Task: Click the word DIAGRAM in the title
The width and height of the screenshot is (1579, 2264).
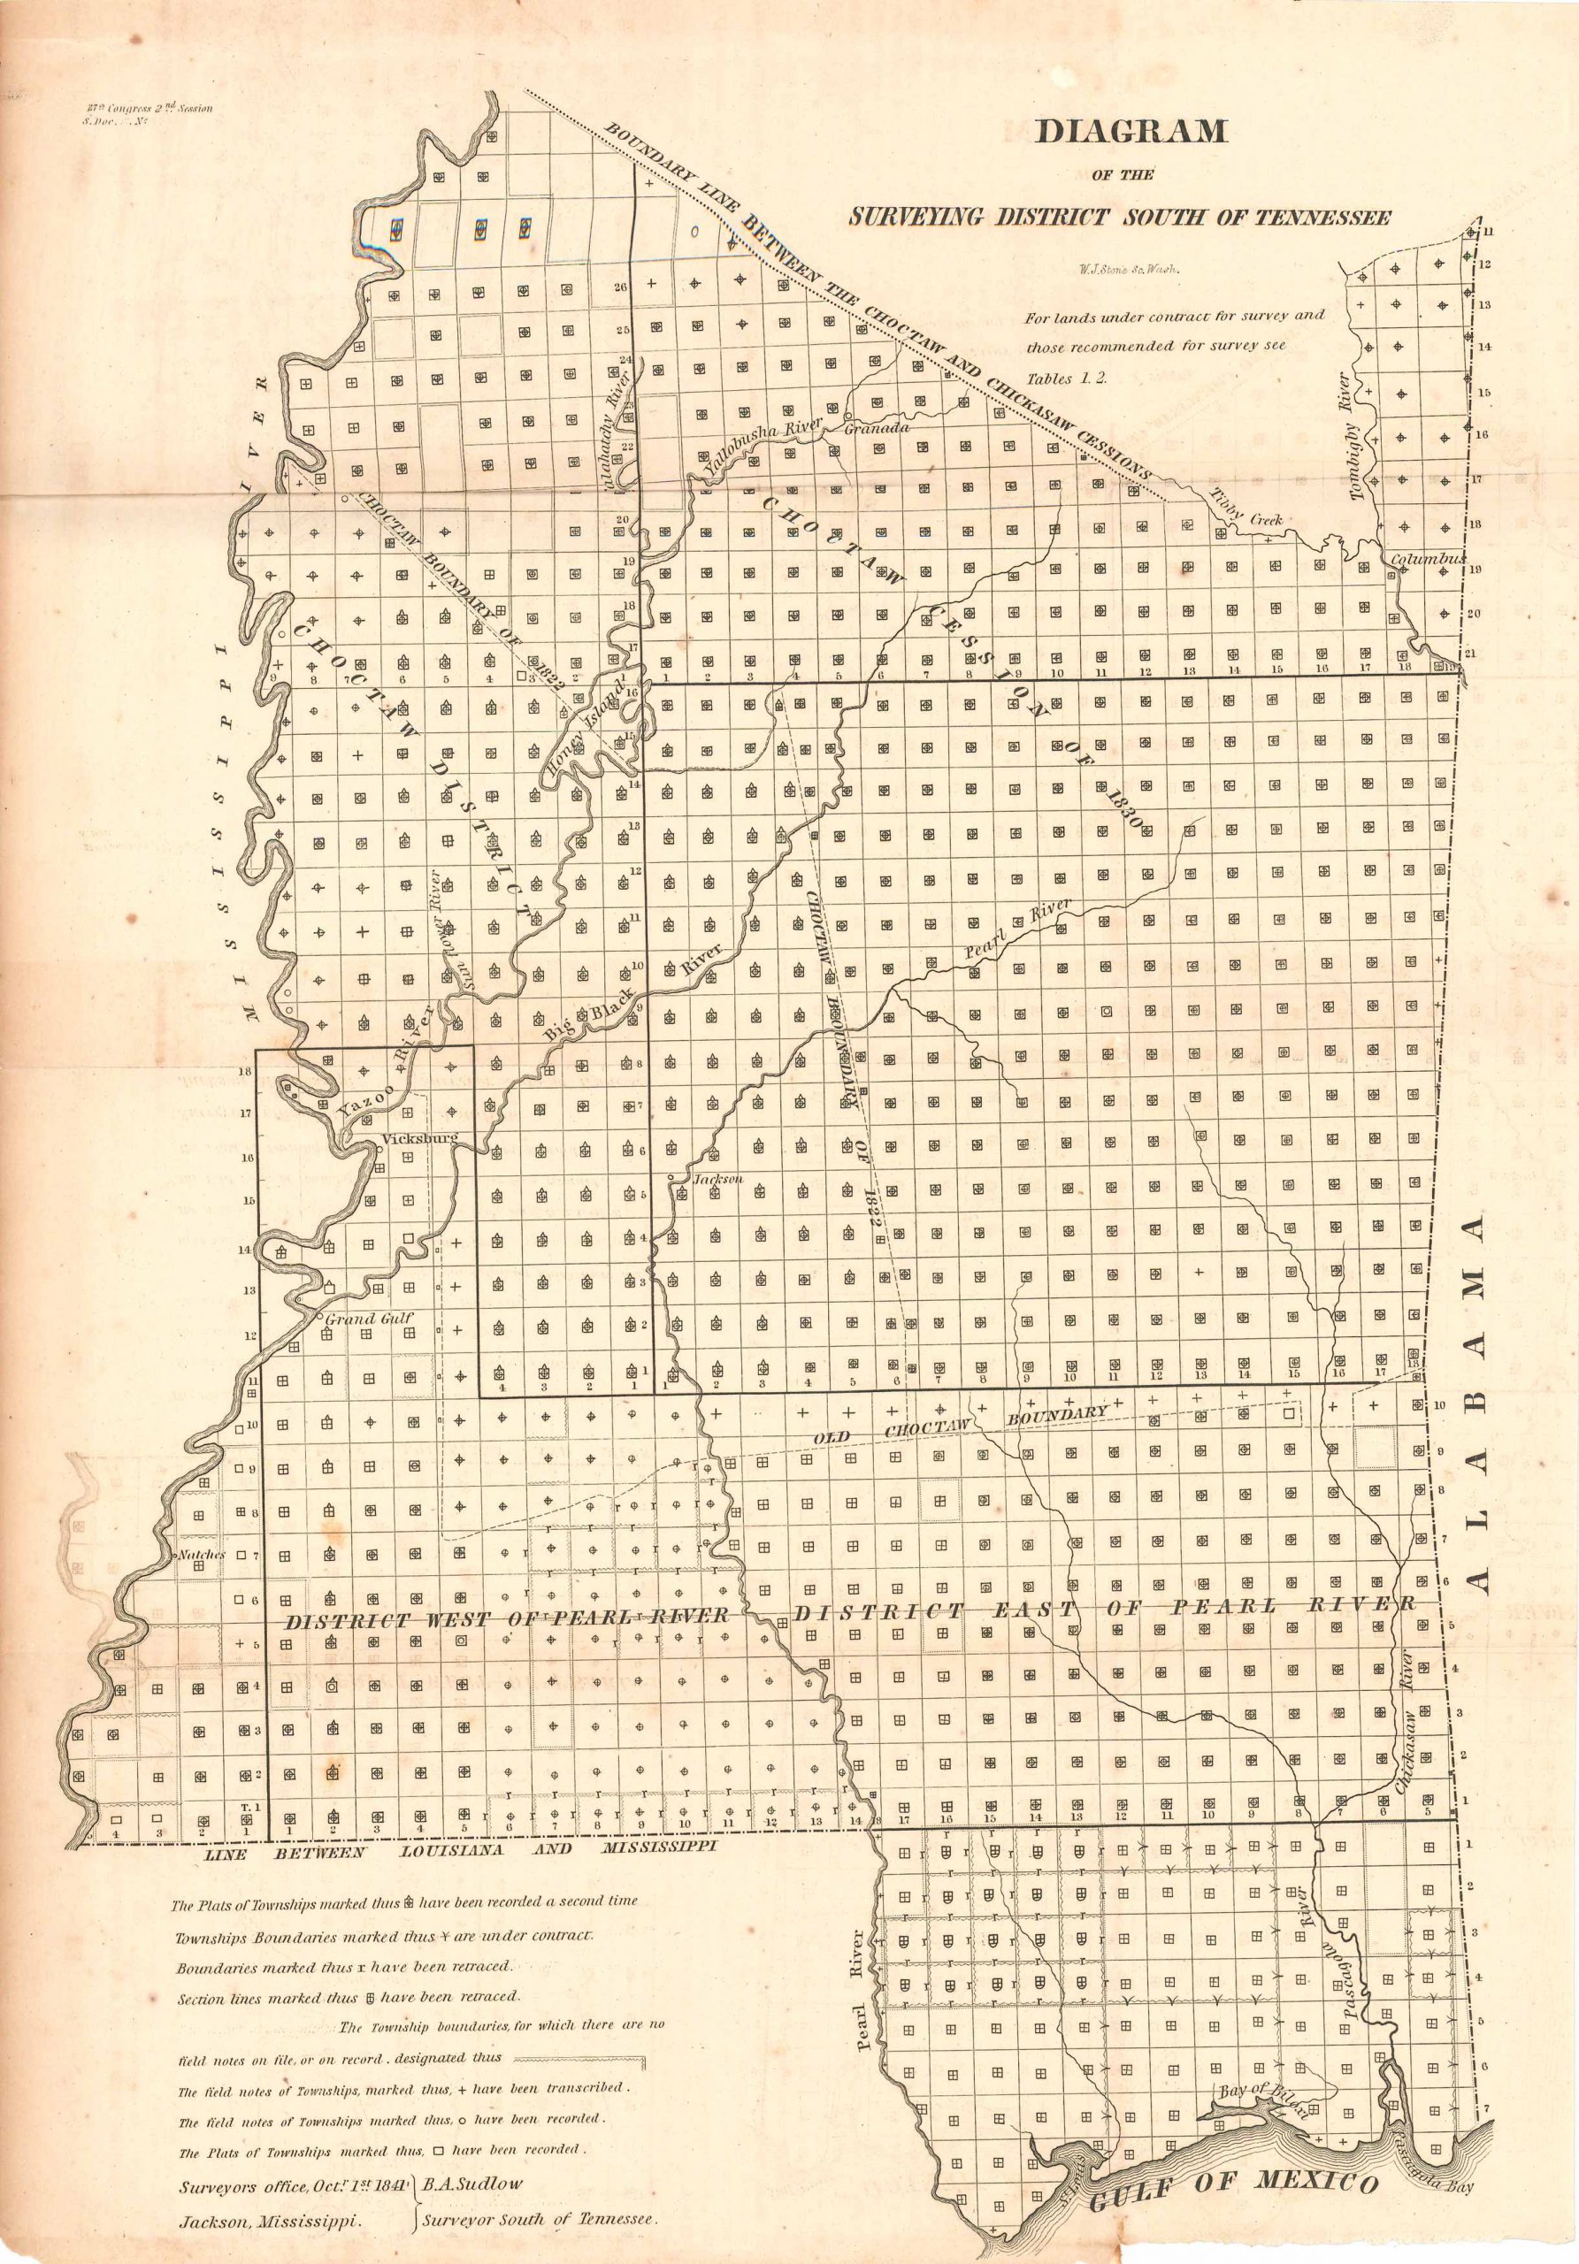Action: point(1130,132)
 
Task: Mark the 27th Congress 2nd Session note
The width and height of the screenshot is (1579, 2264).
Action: point(148,109)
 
